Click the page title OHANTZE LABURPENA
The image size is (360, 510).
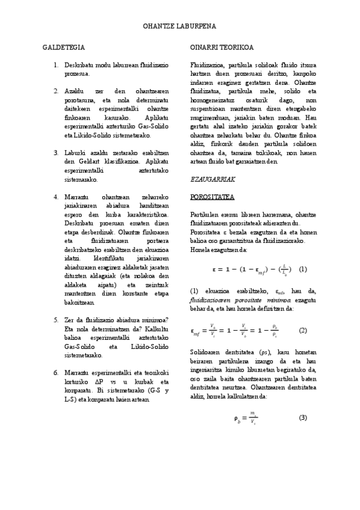pyautogui.click(x=180, y=27)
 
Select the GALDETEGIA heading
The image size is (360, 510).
pyautogui.click(x=63, y=46)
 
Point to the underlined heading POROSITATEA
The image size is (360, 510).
pyautogui.click(x=212, y=197)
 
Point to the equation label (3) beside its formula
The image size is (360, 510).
pyautogui.click(x=303, y=418)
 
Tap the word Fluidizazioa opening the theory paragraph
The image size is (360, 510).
pyautogui.click(x=206, y=64)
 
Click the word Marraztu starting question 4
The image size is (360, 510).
pyautogui.click(x=76, y=197)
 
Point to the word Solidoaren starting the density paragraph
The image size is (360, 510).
pyautogui.click(x=205, y=351)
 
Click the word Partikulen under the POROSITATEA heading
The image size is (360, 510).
pyautogui.click(x=203, y=214)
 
